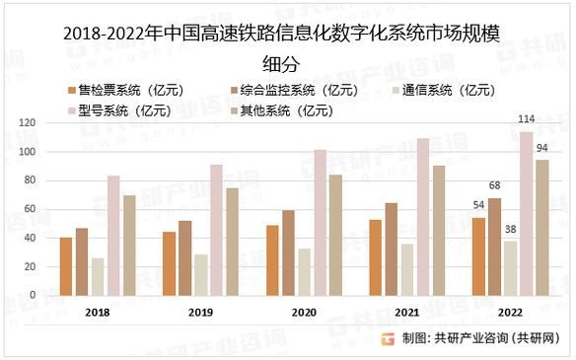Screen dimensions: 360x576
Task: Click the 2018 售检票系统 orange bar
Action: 66,266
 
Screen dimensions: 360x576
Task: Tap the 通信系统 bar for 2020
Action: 303,271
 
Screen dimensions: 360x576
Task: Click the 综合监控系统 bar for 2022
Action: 494,247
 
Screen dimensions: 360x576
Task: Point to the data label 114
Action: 527,120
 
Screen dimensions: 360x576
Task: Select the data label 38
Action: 510,230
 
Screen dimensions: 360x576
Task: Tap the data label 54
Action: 479,205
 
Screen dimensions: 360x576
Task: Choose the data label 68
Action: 495,185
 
